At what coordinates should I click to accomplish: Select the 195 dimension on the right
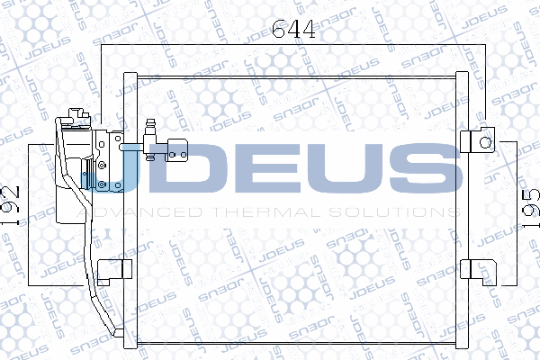(x=530, y=208)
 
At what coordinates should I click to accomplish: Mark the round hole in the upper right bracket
(x=486, y=141)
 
